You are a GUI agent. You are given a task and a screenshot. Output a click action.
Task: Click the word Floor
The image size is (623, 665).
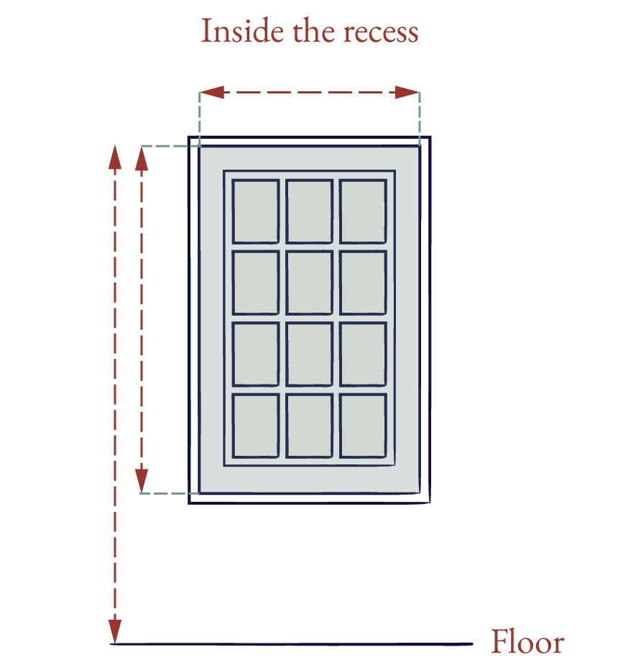coord(527,641)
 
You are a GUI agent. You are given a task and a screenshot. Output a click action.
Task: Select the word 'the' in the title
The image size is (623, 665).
coord(313,32)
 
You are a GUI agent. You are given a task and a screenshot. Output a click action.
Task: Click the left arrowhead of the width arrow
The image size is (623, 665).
coord(211,92)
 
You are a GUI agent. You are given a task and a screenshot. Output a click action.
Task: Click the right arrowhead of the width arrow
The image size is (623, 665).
coord(407,92)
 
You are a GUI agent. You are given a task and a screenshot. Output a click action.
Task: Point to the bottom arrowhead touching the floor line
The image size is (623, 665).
coord(115,632)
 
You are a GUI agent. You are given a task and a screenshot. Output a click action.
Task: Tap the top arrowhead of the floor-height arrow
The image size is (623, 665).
coord(115,157)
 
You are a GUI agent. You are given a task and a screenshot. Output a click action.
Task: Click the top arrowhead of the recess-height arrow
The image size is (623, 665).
coord(142,159)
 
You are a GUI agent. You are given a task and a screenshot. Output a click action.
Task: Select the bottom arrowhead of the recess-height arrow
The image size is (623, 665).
coord(142,481)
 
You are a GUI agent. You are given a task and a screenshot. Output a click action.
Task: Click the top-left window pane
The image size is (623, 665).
coord(256,211)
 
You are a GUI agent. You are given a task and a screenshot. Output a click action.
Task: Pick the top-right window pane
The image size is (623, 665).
coord(363,211)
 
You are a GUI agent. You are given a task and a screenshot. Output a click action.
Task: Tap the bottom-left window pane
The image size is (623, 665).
coord(256,426)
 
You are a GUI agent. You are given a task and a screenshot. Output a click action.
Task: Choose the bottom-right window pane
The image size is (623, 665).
coord(363,426)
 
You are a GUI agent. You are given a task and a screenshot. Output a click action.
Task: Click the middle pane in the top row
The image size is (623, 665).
coord(310,211)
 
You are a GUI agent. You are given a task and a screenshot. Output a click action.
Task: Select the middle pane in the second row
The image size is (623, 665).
coord(310,283)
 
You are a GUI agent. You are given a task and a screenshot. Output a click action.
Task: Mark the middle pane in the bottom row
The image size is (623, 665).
coord(310,426)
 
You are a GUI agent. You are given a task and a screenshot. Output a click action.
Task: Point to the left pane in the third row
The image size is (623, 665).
coord(256,354)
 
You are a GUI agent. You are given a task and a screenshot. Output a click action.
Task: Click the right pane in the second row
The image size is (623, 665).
coord(363,283)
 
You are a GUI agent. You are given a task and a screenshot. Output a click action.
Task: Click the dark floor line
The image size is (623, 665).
coord(292,644)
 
